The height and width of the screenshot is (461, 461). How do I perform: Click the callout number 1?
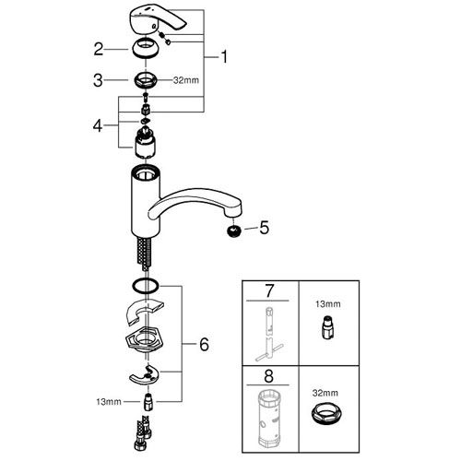(224, 56)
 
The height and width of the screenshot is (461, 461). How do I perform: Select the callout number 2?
(99, 49)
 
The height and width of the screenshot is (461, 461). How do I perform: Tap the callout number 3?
(98, 80)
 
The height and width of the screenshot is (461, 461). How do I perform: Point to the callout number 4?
(98, 125)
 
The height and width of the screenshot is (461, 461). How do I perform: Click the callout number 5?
(265, 228)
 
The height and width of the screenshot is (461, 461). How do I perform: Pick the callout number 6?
(204, 344)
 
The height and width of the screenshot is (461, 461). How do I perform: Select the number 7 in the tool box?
(269, 291)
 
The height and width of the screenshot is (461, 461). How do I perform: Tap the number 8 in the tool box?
(268, 376)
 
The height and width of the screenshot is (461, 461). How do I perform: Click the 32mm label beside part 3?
(186, 80)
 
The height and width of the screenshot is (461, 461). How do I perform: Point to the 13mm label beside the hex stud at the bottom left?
(109, 402)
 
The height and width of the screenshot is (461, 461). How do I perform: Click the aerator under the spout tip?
(234, 230)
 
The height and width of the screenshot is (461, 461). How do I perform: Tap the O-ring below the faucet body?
(146, 286)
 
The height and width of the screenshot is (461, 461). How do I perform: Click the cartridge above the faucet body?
(145, 143)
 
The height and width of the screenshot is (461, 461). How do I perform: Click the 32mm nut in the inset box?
(326, 414)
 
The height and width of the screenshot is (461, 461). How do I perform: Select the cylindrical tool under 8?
(270, 420)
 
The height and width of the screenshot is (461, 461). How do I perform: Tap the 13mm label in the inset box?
(327, 304)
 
